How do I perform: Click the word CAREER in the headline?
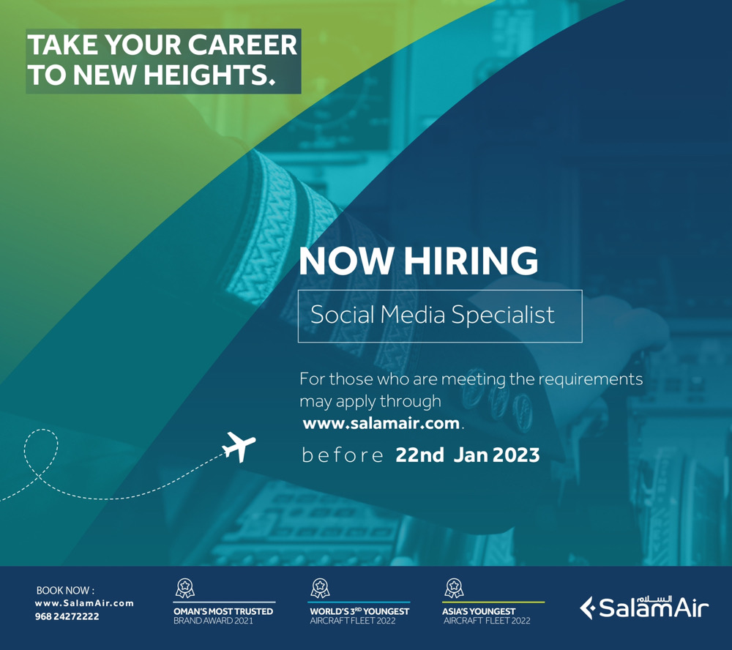coord(242,45)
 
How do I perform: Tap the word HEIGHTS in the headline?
coord(209,75)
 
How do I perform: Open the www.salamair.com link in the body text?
coord(381,424)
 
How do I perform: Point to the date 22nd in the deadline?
coord(419,455)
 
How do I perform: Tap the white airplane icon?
coord(239,447)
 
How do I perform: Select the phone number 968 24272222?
coord(67,616)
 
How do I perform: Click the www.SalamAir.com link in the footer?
coord(84,603)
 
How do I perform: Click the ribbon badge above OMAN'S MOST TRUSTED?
coord(184,588)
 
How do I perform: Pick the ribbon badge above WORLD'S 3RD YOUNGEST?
coord(321,588)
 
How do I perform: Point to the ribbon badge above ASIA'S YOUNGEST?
coord(453,588)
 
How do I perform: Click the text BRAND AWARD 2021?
coord(213,621)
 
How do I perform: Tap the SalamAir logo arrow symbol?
coord(587,608)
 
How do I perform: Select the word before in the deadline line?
coord(343,455)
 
